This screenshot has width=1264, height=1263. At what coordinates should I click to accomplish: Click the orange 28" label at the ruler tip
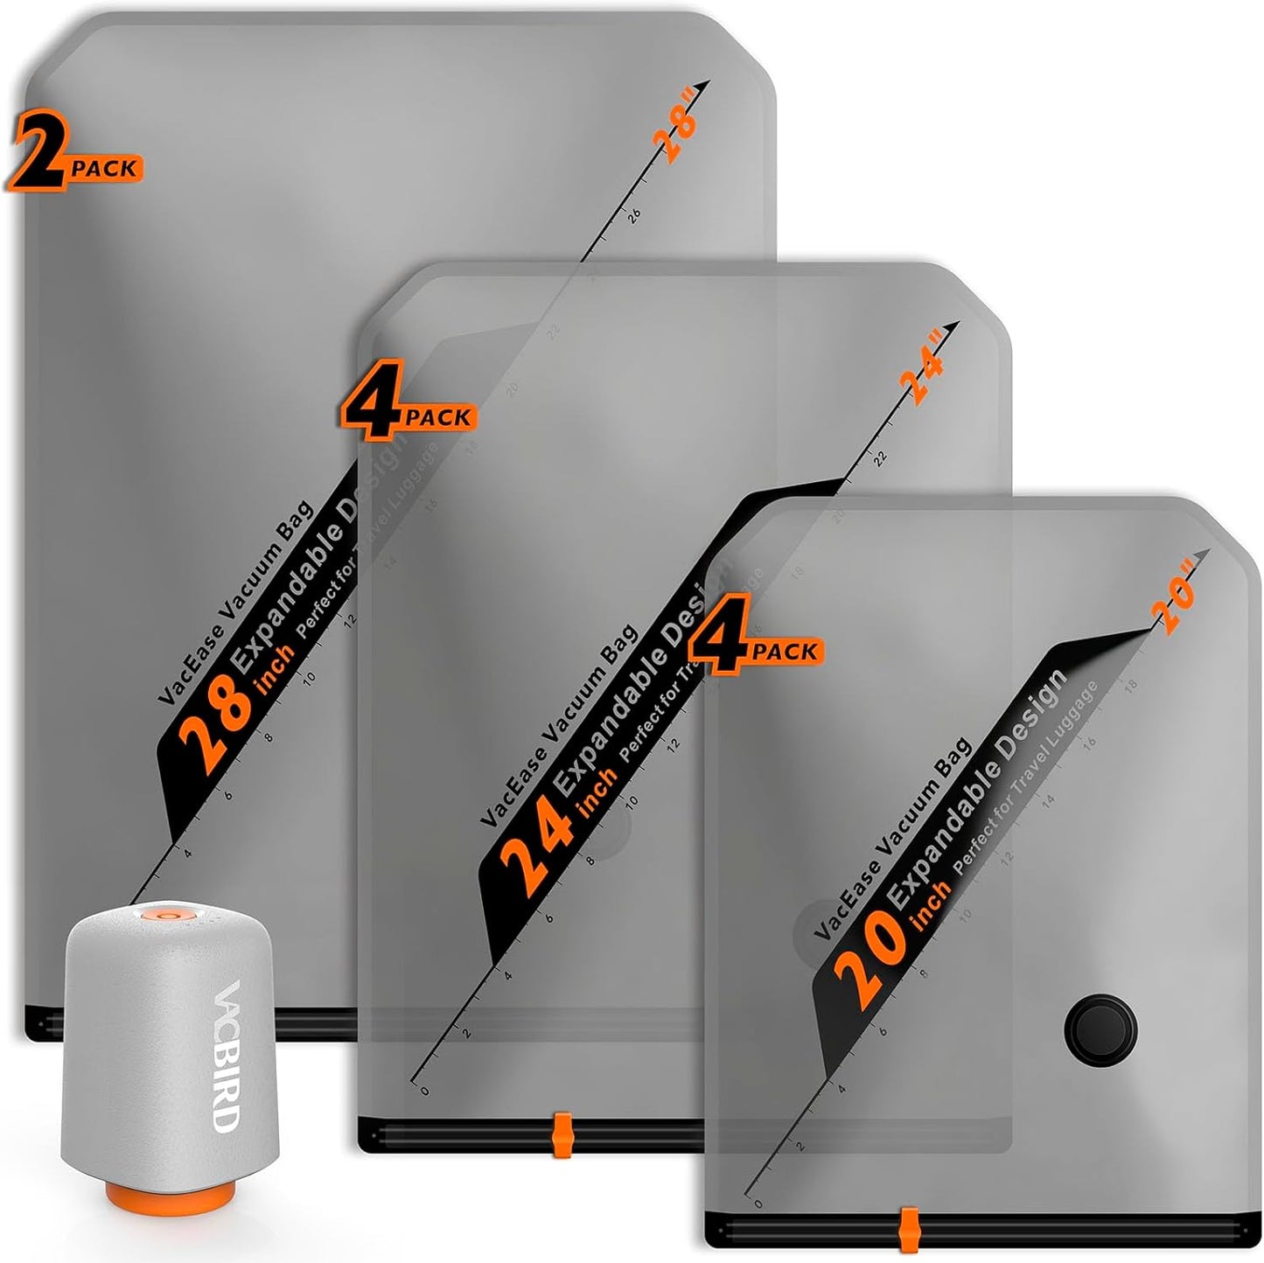pyautogui.click(x=677, y=136)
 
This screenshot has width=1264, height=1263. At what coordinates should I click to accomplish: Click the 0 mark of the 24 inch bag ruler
pyautogui.click(x=425, y=1090)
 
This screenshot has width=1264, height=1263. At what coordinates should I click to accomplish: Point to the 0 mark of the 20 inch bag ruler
pyautogui.click(x=758, y=1204)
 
